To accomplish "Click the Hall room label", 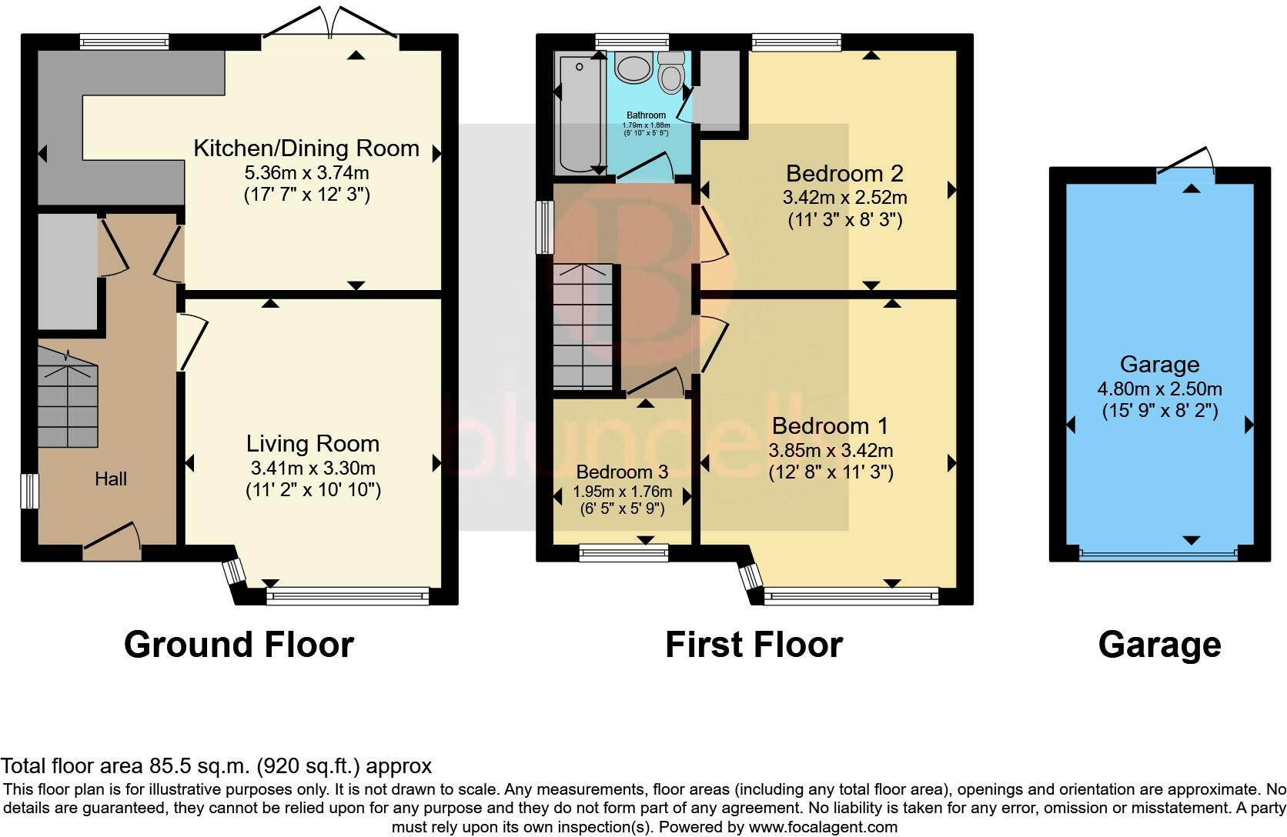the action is pos(111,479).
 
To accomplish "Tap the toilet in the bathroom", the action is pos(671,73).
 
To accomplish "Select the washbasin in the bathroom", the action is pos(633,68).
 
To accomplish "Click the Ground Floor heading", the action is pos(239,644).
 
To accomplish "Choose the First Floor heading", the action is pos(754,644).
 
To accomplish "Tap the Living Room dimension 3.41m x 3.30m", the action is pos(313,468).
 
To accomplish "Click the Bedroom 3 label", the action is pos(622,472).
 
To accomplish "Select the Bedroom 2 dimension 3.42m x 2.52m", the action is pos(844,198).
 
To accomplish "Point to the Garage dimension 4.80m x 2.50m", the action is pos(1159,388).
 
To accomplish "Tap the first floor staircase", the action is pos(583,327).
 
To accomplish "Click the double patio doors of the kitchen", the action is pos(330,23).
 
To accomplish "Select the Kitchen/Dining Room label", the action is pos(306,148).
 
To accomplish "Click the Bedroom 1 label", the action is pos(831,426).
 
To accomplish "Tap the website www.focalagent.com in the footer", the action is pos(823,827).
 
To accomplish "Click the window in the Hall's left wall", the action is pos(30,491).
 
